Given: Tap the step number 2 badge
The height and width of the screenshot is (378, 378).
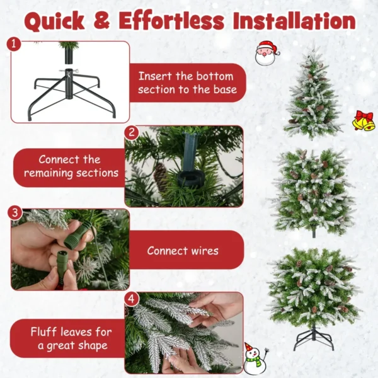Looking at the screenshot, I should tap(131, 132).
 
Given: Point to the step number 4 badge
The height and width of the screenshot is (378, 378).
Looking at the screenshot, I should tap(131, 298).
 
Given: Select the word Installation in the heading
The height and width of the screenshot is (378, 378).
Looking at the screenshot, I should tap(294, 20).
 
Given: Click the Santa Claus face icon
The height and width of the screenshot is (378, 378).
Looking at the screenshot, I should tap(266, 54).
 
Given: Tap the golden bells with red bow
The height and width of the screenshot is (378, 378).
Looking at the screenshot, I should tap(363, 120).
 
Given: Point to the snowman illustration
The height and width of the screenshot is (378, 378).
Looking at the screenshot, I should tap(253, 359).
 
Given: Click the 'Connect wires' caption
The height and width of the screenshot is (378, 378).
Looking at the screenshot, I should tap(183, 251).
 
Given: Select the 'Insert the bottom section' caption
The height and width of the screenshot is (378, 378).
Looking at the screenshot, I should tap(187, 83).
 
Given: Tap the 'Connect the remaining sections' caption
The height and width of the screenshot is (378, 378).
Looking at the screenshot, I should tap(69, 166).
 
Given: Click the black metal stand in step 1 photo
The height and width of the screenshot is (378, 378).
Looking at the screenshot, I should tap(70, 94).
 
